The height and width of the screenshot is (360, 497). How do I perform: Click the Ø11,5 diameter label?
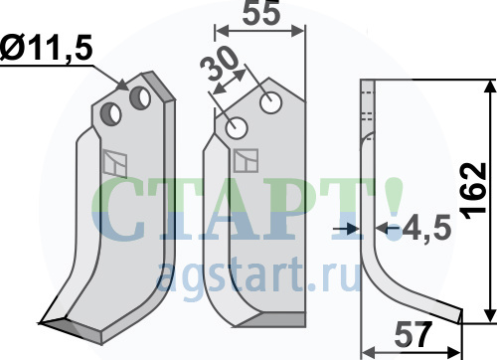click(x=47, y=48)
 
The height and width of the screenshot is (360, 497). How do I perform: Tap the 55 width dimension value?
click(x=261, y=14)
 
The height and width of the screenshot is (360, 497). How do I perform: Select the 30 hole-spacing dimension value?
click(x=220, y=64)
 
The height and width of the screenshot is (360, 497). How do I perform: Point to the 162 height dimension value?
click(x=474, y=191)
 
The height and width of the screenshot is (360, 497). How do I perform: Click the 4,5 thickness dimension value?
click(x=426, y=228)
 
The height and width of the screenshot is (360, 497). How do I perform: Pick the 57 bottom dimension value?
click(x=414, y=335)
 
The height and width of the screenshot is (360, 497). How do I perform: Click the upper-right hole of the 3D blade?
click(x=140, y=97)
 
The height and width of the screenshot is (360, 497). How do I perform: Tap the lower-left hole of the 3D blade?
click(x=111, y=113)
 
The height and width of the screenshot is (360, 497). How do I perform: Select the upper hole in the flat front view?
click(x=271, y=102)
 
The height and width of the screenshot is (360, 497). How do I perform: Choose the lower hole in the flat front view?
click(x=237, y=128)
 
